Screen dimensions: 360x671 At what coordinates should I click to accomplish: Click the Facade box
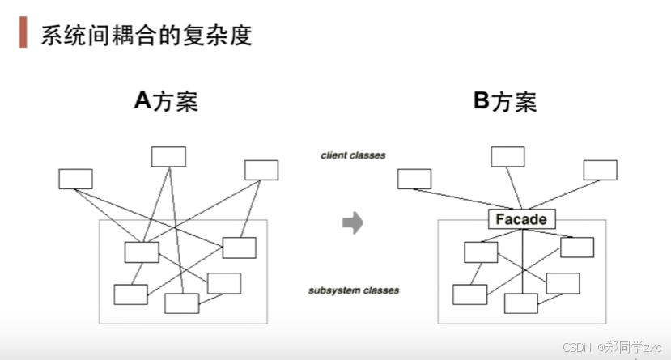(x=521, y=218)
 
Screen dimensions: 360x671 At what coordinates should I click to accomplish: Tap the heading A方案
(x=166, y=102)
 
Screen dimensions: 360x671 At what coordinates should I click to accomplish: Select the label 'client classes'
(x=353, y=155)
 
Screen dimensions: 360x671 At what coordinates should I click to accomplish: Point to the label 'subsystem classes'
(x=354, y=290)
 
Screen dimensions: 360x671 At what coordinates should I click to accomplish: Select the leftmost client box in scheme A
(x=75, y=179)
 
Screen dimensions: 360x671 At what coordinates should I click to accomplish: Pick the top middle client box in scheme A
(x=168, y=157)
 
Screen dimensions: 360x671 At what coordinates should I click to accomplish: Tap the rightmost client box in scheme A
(x=261, y=170)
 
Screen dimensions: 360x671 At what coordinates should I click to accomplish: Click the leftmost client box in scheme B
(x=414, y=179)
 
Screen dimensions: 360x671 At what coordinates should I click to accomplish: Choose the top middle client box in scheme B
(x=507, y=157)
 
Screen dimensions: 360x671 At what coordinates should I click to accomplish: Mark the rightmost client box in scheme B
(x=600, y=170)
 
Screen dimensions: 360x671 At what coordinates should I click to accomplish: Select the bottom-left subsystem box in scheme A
(x=130, y=294)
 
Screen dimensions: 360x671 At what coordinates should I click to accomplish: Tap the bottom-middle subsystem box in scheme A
(x=181, y=303)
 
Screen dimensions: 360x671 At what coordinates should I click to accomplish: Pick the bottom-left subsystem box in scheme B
(x=469, y=294)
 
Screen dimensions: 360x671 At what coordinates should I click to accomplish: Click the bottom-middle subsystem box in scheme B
(x=520, y=303)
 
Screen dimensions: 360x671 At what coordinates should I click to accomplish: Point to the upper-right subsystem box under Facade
(x=577, y=247)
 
